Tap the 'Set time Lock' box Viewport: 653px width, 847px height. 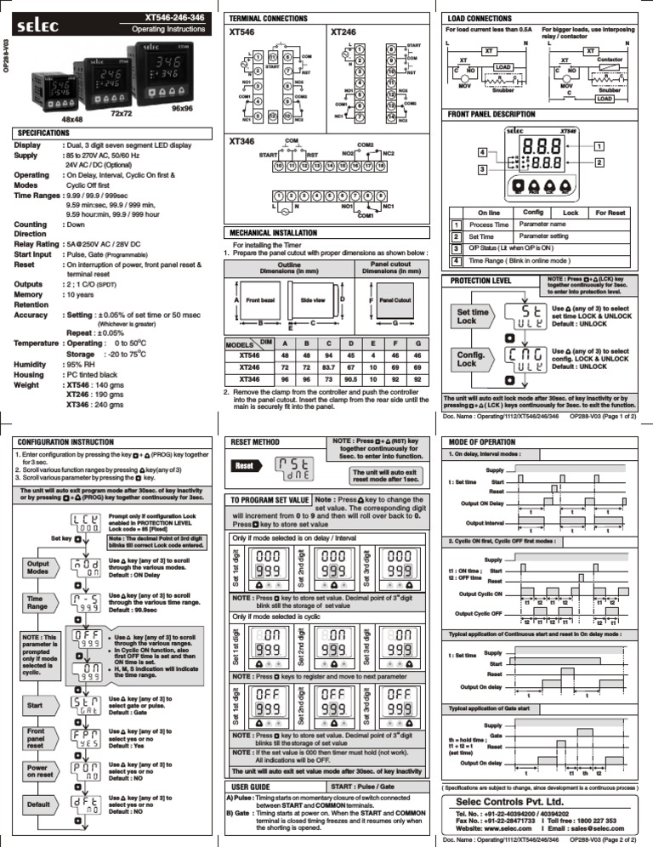474,317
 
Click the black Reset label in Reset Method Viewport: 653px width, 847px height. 244,467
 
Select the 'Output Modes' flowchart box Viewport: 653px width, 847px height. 38,569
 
